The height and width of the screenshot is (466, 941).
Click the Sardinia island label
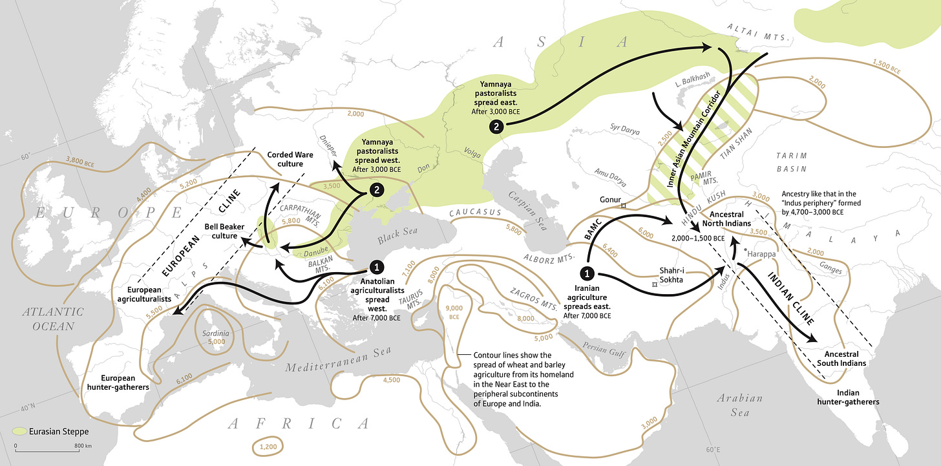point(216,334)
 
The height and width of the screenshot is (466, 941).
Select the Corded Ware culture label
point(285,160)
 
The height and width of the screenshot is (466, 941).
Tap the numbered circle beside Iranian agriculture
point(587,273)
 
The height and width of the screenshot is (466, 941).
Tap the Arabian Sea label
point(740,405)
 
